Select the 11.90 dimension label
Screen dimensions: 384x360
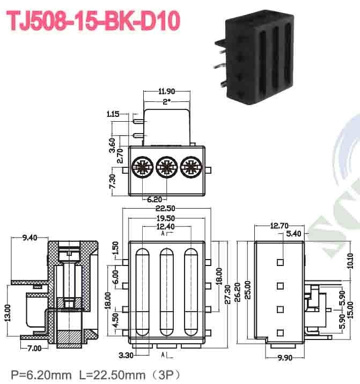point(166,92)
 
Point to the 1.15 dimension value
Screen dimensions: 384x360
point(113,114)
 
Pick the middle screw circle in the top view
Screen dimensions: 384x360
point(166,167)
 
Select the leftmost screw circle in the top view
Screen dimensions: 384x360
point(142,167)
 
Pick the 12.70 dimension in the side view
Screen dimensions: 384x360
point(280,225)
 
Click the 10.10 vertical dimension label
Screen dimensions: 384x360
point(350,261)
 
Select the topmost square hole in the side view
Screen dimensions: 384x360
point(280,262)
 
